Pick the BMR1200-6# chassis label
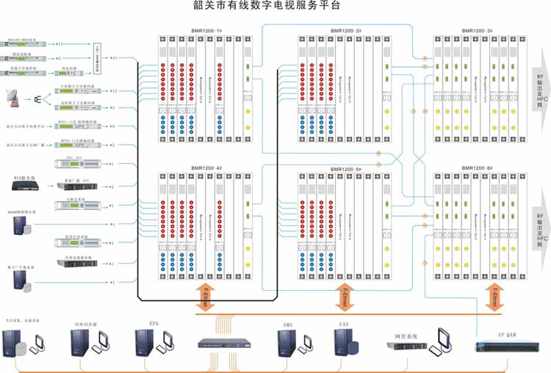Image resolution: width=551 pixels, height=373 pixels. [x=476, y=168]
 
